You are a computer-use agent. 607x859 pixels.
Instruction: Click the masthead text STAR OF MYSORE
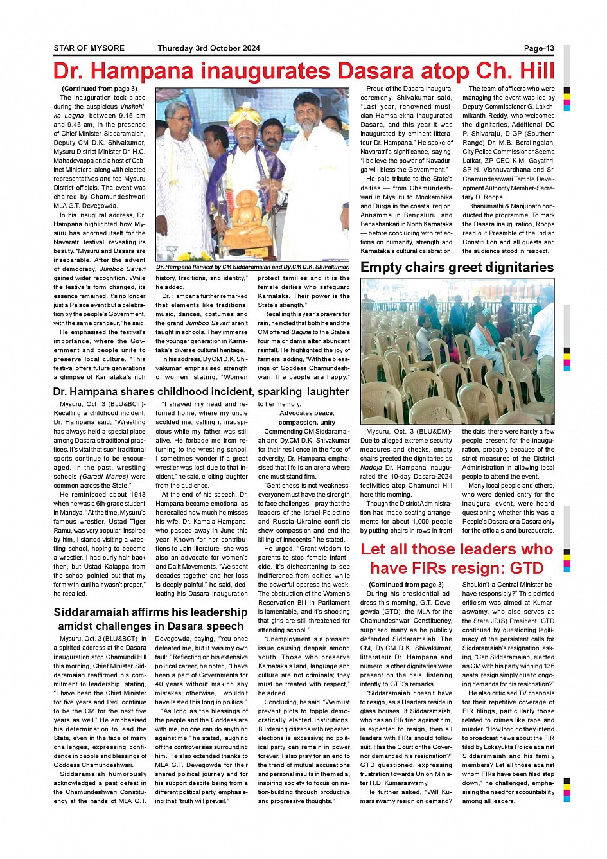point(89,48)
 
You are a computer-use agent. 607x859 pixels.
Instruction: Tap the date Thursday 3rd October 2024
point(209,48)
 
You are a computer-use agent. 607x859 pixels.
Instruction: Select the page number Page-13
point(539,48)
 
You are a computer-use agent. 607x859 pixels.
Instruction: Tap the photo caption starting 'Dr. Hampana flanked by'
point(252,267)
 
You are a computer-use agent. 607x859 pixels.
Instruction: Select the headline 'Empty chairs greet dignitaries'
point(457,267)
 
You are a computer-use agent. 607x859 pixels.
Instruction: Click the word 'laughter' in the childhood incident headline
point(328,391)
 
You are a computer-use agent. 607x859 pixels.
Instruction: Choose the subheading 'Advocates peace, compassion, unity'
point(306,418)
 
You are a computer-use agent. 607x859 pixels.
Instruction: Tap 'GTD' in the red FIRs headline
point(526,568)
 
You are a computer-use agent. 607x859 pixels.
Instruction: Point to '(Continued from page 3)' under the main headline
point(99,89)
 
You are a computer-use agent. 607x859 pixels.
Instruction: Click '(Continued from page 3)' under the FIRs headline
point(406,585)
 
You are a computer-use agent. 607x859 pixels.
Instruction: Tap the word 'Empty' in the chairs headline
point(382,267)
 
